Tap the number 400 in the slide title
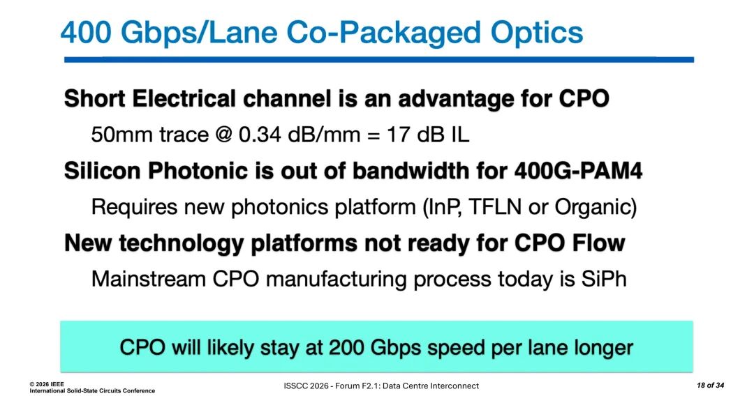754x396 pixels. tap(86, 33)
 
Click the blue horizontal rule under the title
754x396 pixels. tap(379, 60)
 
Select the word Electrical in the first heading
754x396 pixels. tap(184, 99)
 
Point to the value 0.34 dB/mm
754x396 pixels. tap(299, 135)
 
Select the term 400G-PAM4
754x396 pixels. tap(579, 171)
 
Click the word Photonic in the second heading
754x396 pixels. tap(198, 171)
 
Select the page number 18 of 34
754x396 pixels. tap(710, 386)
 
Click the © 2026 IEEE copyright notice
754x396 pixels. tap(46, 384)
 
